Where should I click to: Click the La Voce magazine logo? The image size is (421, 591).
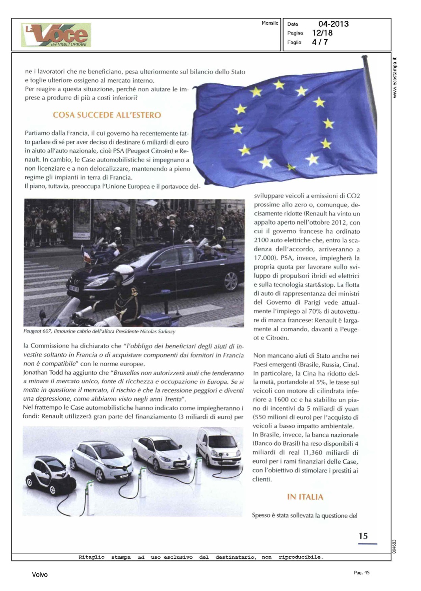tap(56, 35)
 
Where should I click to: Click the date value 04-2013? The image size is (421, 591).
tap(333, 24)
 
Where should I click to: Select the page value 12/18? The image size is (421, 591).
tap(322, 33)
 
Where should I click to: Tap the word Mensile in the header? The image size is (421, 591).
tap(270, 23)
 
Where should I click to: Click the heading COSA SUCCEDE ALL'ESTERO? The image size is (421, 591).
tap(107, 115)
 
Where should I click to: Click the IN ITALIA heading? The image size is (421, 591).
tap(305, 497)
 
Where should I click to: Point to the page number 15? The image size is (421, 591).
tap(363, 536)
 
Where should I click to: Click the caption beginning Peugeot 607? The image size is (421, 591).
tap(99, 331)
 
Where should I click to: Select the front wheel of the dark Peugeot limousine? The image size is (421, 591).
tap(230, 281)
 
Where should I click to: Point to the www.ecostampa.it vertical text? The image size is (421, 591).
tap(395, 78)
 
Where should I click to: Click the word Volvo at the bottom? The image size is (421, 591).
tap(40, 575)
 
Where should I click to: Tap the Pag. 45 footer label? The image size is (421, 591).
tap(362, 572)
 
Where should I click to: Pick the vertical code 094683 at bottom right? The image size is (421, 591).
tap(395, 546)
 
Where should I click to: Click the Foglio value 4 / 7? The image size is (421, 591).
tap(320, 42)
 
